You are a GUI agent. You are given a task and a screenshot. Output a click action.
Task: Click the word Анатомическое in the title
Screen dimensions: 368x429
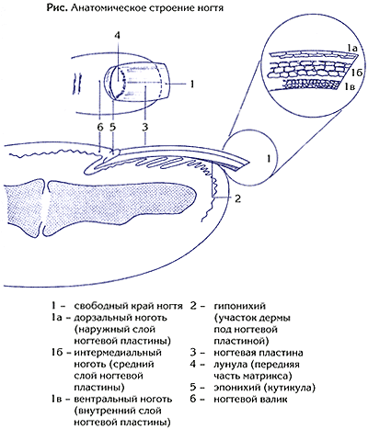109,8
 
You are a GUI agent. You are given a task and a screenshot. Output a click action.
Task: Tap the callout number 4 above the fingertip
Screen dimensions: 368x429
117,35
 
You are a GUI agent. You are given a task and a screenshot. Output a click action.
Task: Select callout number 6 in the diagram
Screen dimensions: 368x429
100,127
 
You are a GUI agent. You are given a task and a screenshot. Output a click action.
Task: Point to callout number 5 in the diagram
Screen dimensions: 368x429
113,127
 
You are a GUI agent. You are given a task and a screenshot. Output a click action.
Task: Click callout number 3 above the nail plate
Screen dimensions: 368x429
145,127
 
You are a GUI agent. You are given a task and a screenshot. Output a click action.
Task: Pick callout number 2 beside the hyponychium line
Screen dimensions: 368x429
237,198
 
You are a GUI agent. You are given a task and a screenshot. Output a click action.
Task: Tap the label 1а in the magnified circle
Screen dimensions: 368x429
351,48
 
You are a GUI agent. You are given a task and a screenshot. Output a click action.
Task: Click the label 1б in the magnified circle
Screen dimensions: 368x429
357,73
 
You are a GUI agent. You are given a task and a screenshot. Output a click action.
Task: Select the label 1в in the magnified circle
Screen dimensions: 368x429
349,87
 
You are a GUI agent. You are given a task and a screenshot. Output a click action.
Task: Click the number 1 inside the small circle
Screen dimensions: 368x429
269,159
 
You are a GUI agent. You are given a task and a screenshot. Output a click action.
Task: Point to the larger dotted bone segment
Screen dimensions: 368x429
121,208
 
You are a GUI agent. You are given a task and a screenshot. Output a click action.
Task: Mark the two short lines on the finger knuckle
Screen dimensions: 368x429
76,83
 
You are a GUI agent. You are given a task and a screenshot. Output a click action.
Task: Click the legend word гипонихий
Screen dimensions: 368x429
239,306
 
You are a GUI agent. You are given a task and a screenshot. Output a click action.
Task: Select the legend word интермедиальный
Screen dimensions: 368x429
118,353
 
